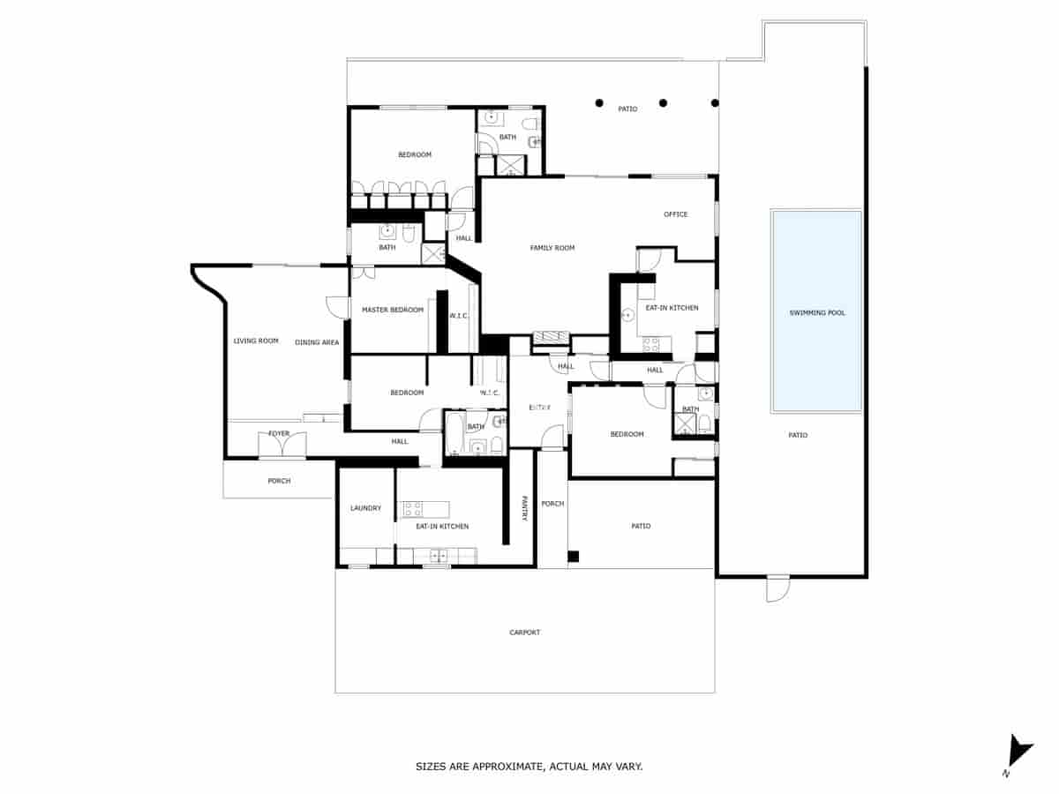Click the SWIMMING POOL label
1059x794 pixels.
817,313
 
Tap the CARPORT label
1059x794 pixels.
524,633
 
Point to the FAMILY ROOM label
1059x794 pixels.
552,248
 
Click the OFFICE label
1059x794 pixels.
676,214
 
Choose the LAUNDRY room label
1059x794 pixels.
365,508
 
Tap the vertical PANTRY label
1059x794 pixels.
523,507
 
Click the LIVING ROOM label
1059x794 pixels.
256,341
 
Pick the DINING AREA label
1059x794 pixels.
317,342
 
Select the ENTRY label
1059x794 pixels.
539,408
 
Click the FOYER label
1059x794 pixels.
279,434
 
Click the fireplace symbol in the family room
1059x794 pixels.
552,336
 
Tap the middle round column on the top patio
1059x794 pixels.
663,102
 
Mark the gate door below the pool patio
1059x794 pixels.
777,588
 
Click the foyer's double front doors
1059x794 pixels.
282,446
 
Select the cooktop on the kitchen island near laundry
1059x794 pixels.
412,508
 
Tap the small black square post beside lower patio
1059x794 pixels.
573,556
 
